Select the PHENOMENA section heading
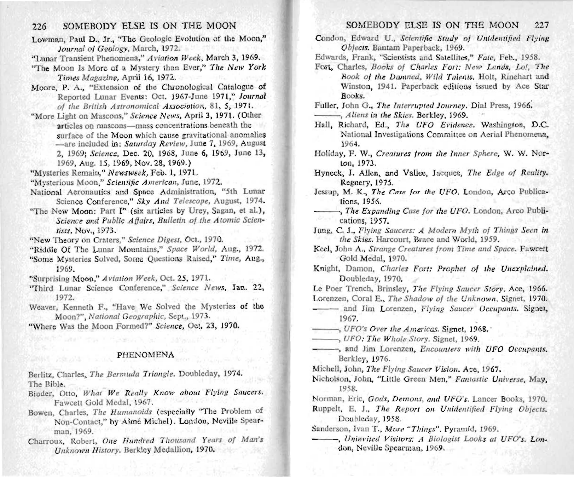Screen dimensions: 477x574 coord(146,355)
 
